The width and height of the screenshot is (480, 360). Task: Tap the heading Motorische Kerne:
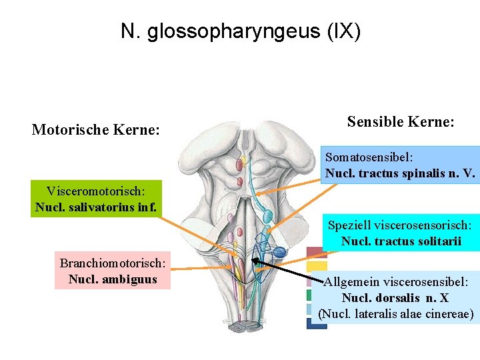[95, 129]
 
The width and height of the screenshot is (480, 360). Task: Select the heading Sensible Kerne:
[401, 122]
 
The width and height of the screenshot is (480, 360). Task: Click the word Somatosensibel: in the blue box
[369, 158]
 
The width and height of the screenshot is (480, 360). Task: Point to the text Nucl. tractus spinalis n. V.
[400, 174]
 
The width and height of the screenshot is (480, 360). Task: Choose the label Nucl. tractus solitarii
[401, 241]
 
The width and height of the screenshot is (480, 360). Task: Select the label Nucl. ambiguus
[113, 279]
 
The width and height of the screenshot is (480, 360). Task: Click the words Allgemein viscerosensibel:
[400, 282]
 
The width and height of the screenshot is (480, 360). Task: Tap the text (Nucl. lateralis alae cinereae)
[396, 314]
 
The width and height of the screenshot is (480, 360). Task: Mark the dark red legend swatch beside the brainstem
[315, 253]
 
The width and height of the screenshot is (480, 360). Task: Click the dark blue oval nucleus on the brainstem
[280, 252]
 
